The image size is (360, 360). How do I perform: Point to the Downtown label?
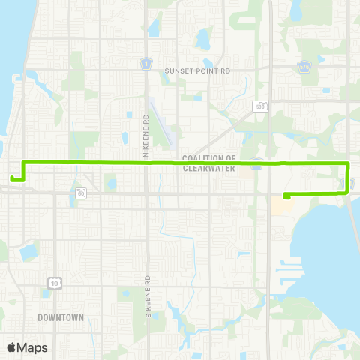point(61,317)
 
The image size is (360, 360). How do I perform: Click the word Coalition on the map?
point(209,158)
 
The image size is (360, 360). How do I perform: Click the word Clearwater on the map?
point(209,169)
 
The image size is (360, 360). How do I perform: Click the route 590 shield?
point(259,105)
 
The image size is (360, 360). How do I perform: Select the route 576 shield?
point(304,66)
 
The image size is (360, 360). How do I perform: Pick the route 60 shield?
point(81,193)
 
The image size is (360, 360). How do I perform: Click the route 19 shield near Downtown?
point(55,282)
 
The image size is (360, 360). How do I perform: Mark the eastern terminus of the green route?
point(286,196)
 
